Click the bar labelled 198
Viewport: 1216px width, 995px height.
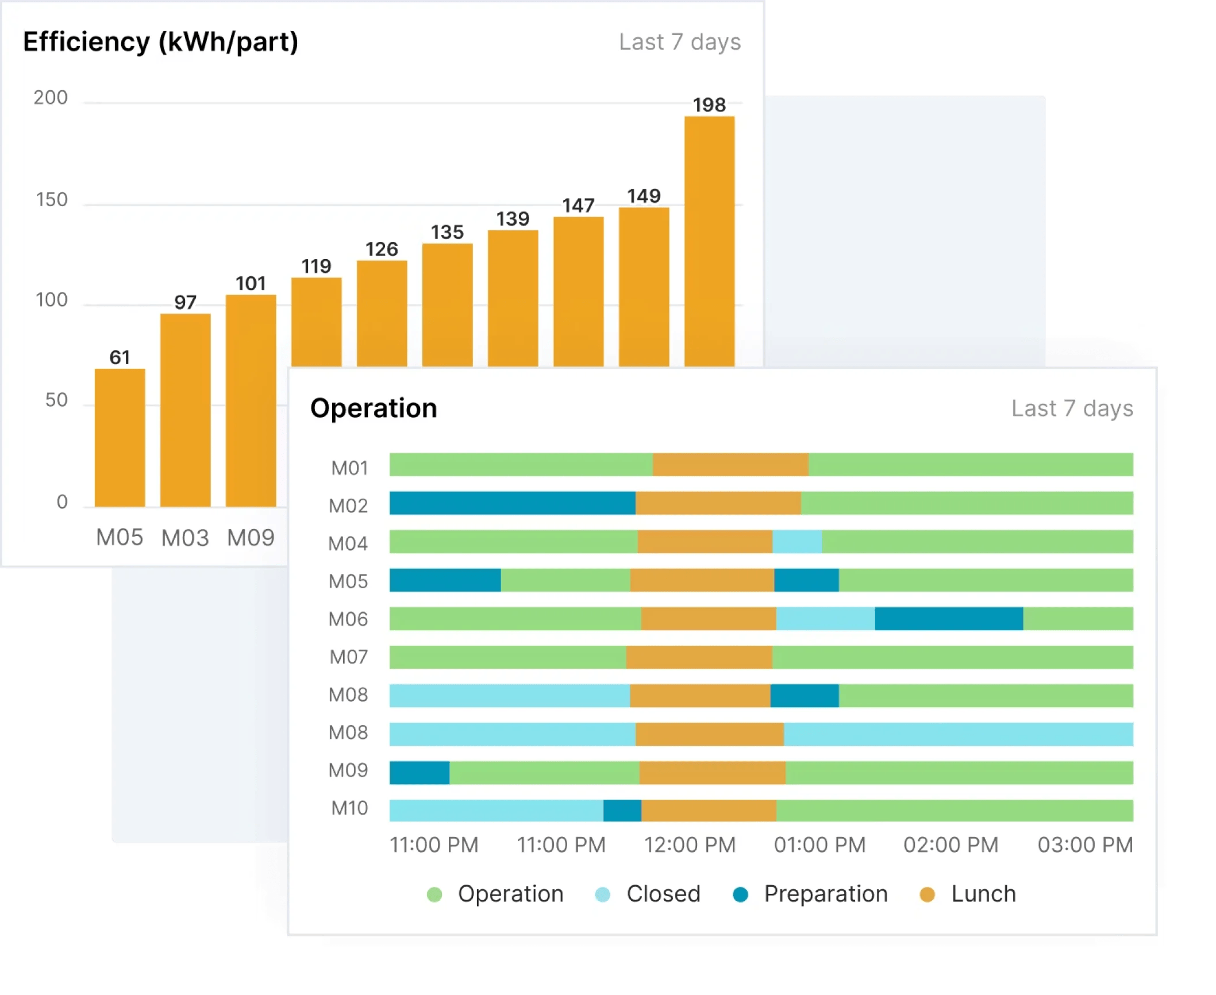tap(709, 241)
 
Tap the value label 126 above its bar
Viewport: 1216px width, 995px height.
tap(382, 249)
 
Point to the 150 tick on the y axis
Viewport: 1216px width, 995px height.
tap(52, 200)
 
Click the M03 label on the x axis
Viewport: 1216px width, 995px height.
tap(185, 538)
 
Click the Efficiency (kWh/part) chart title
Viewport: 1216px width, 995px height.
tap(160, 42)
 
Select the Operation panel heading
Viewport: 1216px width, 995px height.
tap(374, 408)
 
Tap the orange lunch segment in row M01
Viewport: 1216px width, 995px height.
tap(730, 464)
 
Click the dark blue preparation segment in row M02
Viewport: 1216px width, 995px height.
tap(512, 503)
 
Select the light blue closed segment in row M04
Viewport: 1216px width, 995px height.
tap(796, 541)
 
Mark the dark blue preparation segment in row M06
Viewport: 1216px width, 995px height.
tap(949, 618)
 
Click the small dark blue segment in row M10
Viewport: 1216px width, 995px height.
tap(622, 810)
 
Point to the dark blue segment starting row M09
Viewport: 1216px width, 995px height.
tap(420, 772)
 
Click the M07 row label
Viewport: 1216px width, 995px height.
tap(349, 657)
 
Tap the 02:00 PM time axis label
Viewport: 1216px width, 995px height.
tap(951, 844)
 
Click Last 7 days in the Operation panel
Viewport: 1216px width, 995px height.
tap(1072, 408)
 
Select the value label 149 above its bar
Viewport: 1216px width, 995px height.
tap(644, 196)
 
